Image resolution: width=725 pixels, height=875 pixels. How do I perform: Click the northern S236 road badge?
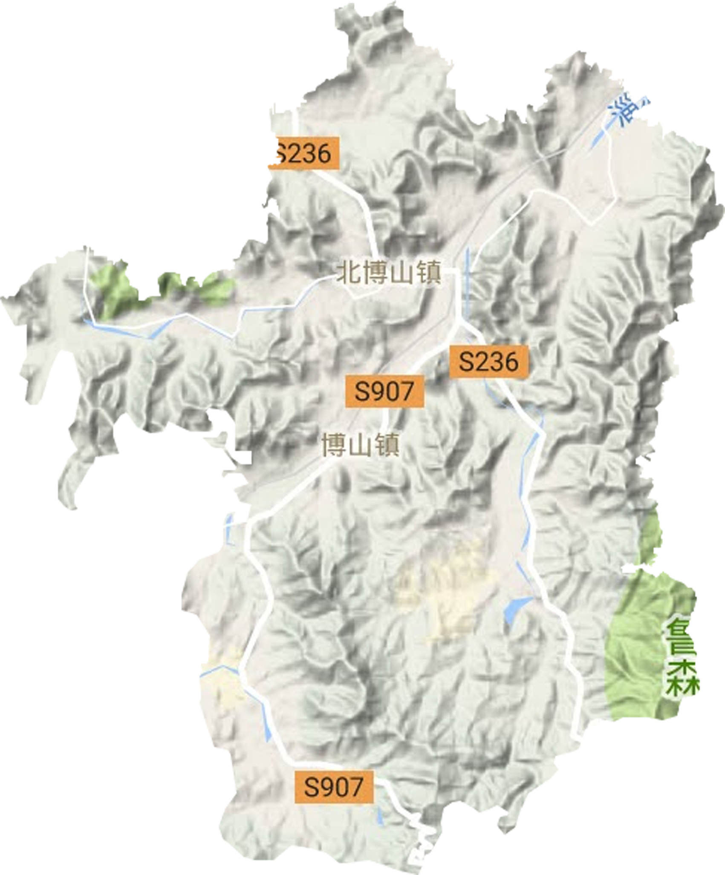click(x=301, y=153)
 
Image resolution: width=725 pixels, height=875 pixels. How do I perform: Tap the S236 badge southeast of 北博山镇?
click(x=489, y=362)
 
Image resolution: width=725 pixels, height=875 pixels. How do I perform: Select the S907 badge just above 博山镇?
click(x=384, y=391)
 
